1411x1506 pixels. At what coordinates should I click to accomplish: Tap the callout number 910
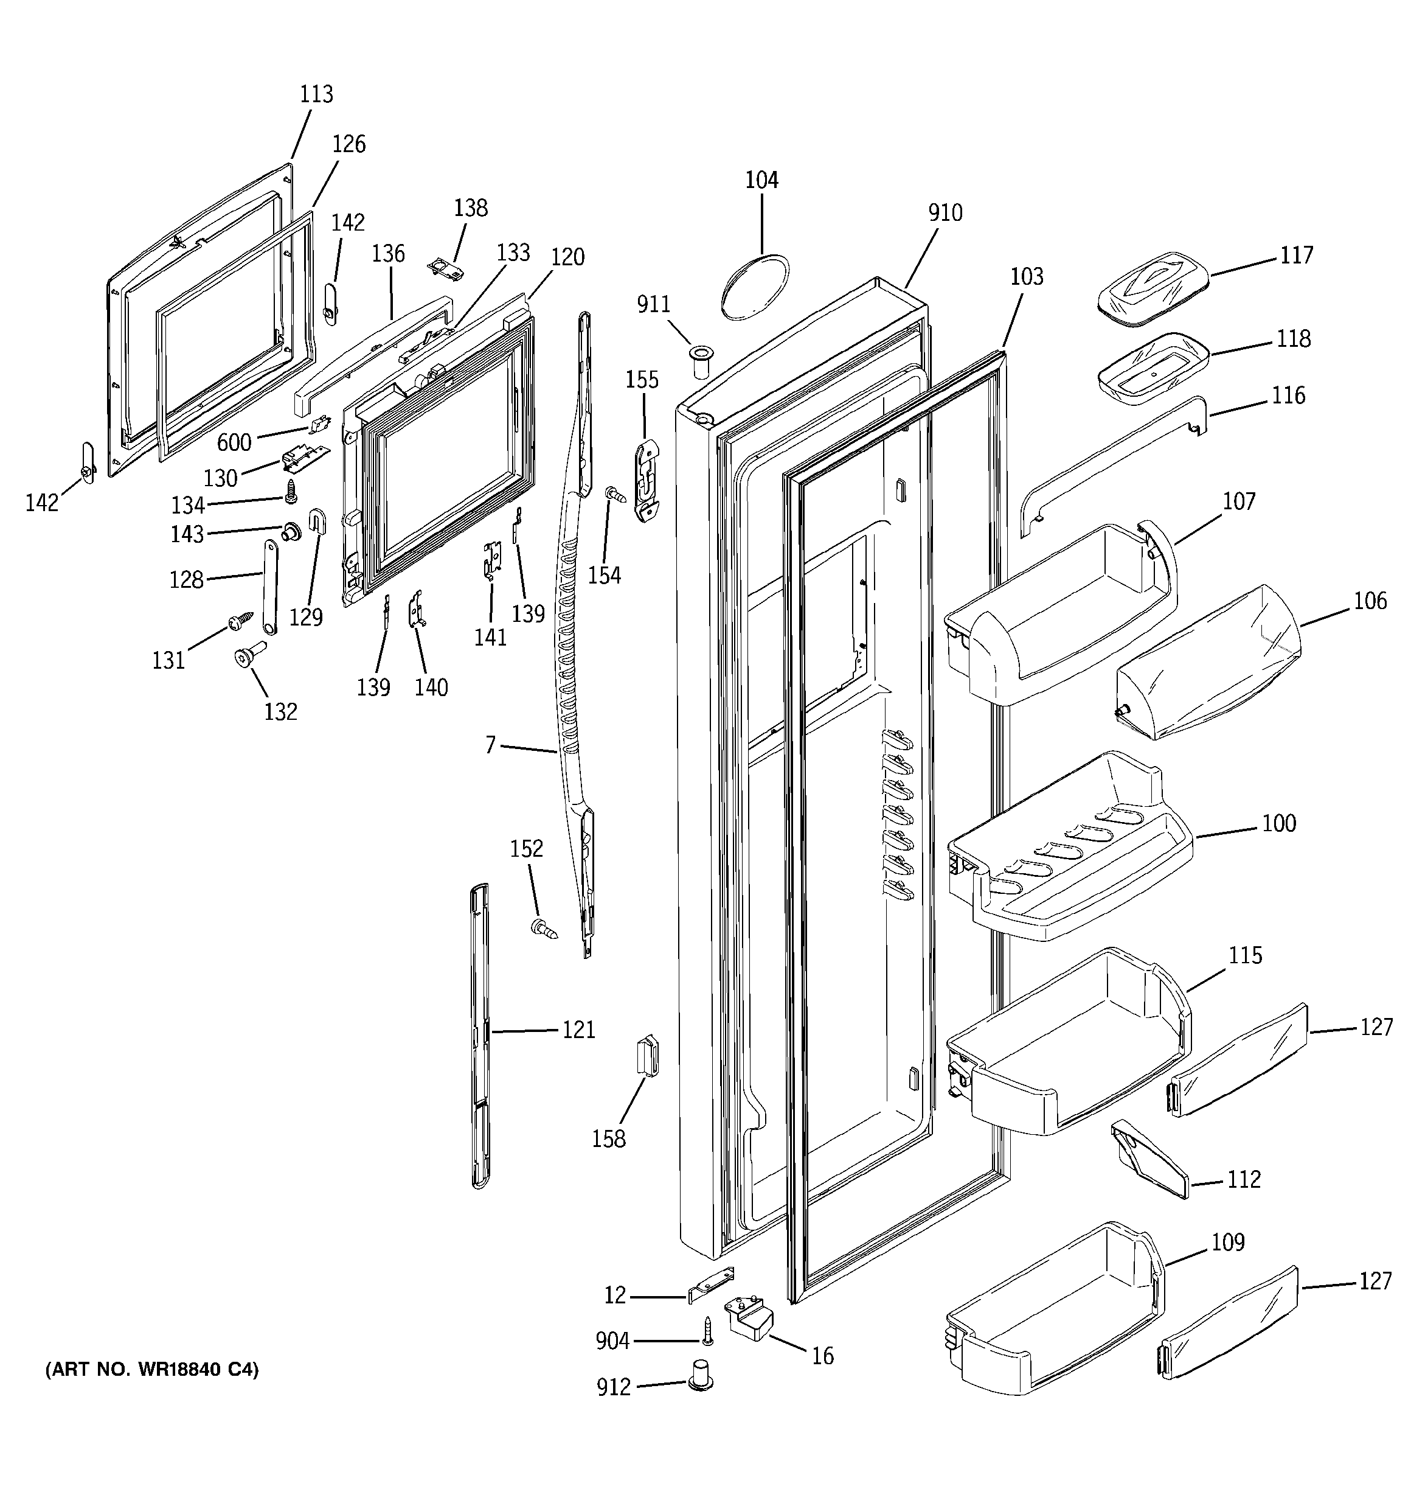tap(945, 213)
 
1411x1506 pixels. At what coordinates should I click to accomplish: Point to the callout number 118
tap(1293, 339)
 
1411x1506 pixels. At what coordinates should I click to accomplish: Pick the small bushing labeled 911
tap(701, 362)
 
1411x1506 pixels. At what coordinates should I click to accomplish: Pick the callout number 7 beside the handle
tap(490, 745)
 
